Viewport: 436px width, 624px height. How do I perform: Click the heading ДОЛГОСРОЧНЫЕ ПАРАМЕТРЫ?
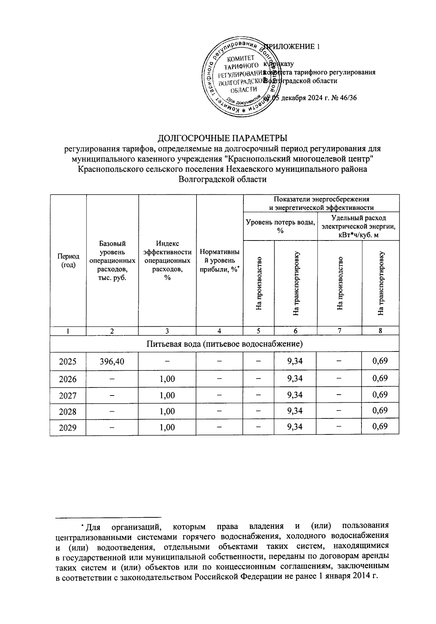tap(222, 139)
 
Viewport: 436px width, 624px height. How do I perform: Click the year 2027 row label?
tap(68, 396)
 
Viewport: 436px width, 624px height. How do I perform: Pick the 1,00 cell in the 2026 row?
tap(167, 379)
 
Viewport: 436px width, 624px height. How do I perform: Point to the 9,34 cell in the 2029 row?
tap(295, 427)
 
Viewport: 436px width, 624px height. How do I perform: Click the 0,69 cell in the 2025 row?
tap(380, 361)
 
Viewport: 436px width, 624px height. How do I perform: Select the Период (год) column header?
tap(68, 261)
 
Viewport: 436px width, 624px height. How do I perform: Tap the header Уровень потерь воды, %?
tap(280, 226)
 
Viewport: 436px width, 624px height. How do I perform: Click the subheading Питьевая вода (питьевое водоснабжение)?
tap(225, 343)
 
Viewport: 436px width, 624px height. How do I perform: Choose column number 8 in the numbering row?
tap(380, 331)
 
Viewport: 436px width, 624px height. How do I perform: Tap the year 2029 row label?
tap(68, 427)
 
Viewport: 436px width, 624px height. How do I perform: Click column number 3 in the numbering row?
tap(167, 331)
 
